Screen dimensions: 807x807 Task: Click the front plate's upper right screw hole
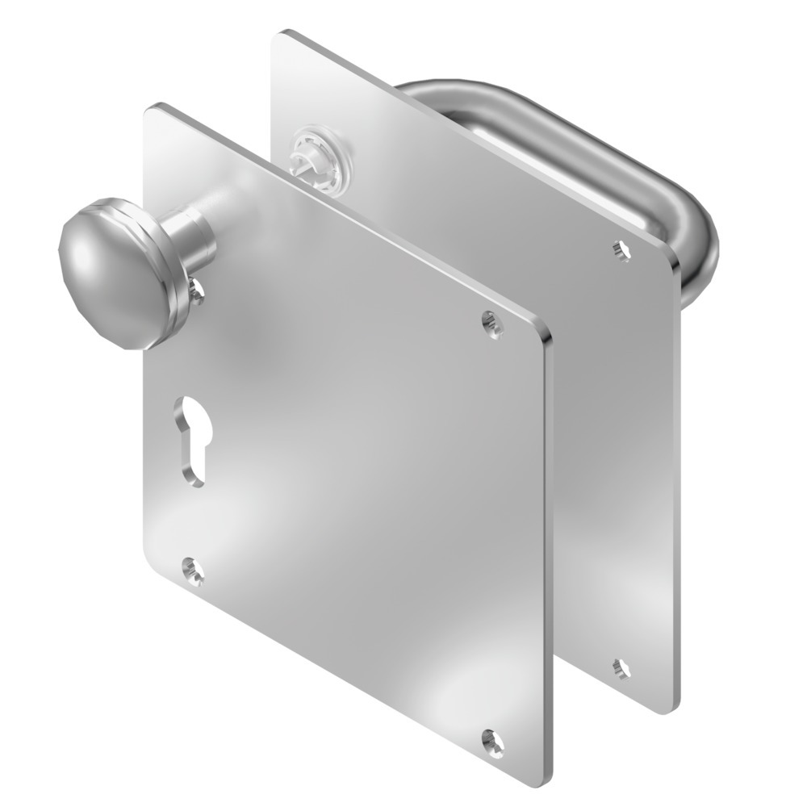[491, 322]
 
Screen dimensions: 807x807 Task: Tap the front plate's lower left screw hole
[193, 571]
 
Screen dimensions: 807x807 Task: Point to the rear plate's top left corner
[282, 34]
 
